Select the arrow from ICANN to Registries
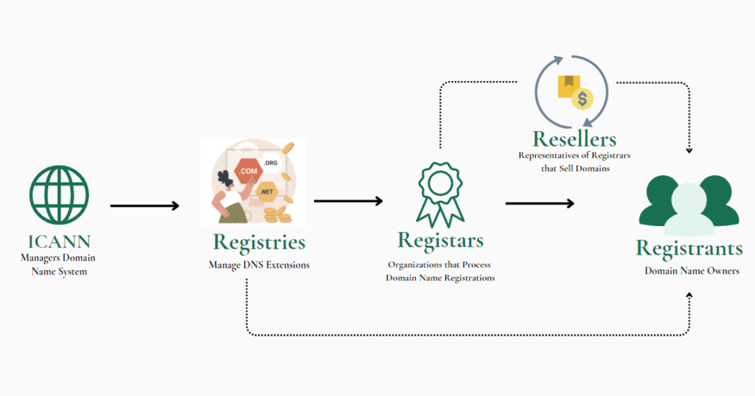[x=145, y=206]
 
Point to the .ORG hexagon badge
[x=270, y=163]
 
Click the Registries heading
[x=259, y=241]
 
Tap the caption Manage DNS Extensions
[x=259, y=265]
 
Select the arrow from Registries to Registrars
[x=348, y=201]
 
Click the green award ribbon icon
[x=440, y=193]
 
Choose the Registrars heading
[x=440, y=240]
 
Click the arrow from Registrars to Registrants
[x=540, y=203]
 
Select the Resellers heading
[x=575, y=138]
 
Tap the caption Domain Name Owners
[x=692, y=271]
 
